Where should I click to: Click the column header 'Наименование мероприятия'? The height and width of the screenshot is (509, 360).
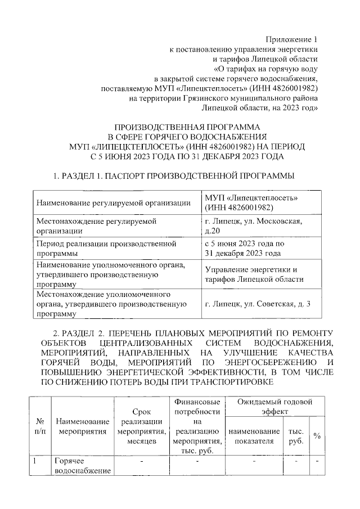coord(82,426)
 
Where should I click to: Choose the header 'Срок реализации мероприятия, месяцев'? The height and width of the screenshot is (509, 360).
coord(141,426)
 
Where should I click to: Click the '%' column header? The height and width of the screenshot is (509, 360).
coord(317,436)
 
